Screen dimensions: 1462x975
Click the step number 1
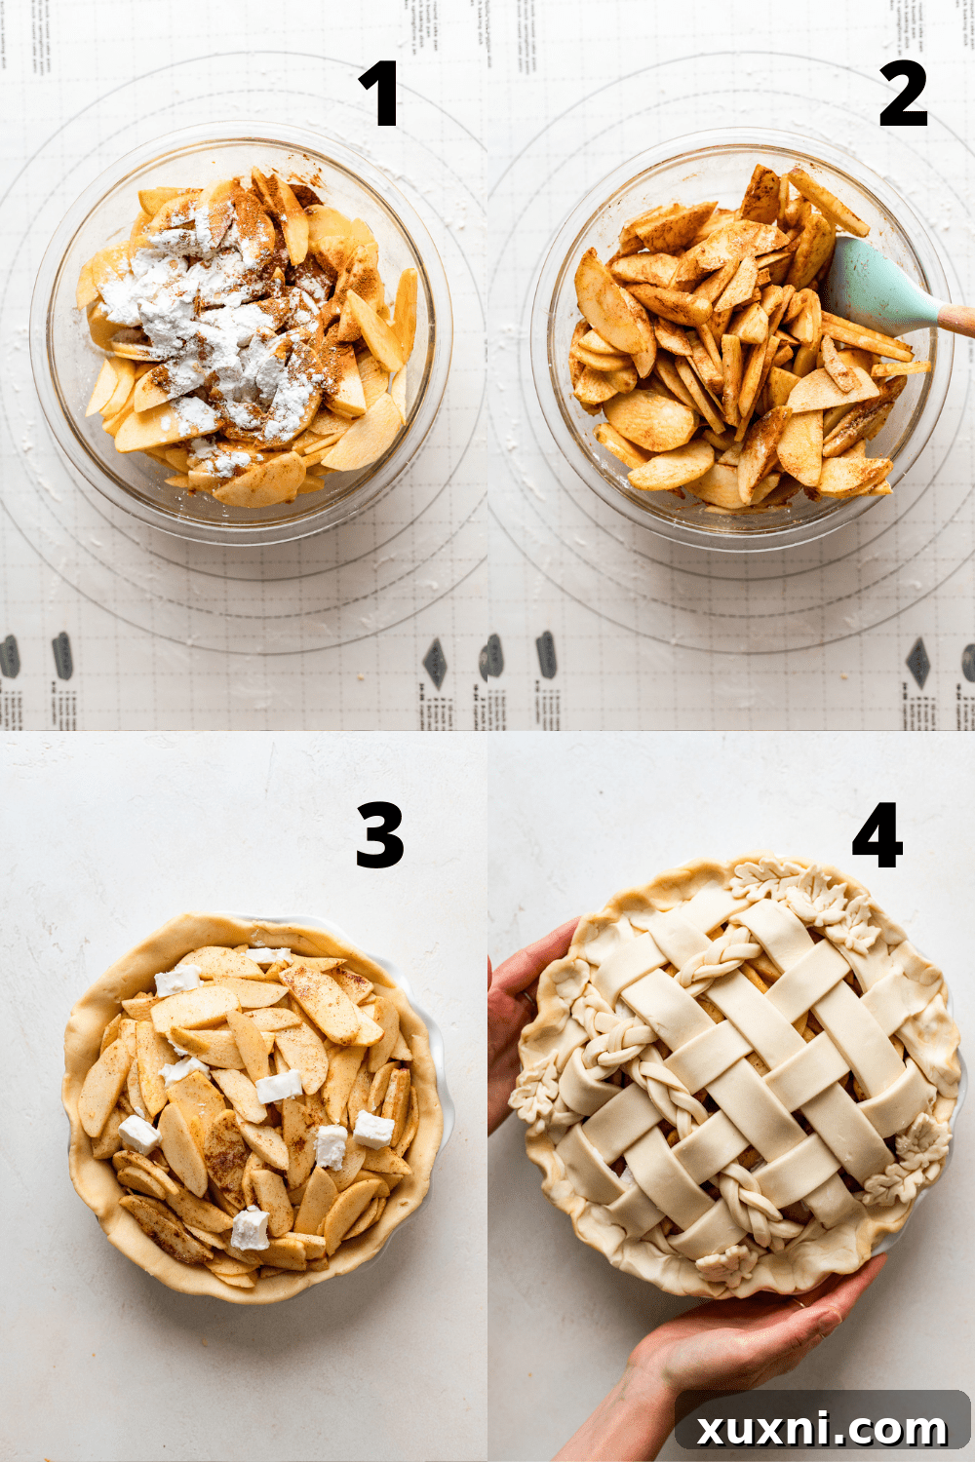tap(378, 94)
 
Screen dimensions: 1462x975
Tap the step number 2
tap(902, 94)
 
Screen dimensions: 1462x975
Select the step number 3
tap(379, 835)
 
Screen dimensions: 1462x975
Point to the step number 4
tap(877, 835)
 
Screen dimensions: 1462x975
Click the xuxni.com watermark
tap(822, 1429)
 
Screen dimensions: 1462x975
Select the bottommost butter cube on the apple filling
tap(250, 1229)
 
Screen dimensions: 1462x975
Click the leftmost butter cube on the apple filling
tap(138, 1134)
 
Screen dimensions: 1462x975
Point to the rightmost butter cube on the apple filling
tap(373, 1130)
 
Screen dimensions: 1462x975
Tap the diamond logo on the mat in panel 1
tap(434, 663)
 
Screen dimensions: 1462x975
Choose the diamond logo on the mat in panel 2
tap(917, 663)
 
